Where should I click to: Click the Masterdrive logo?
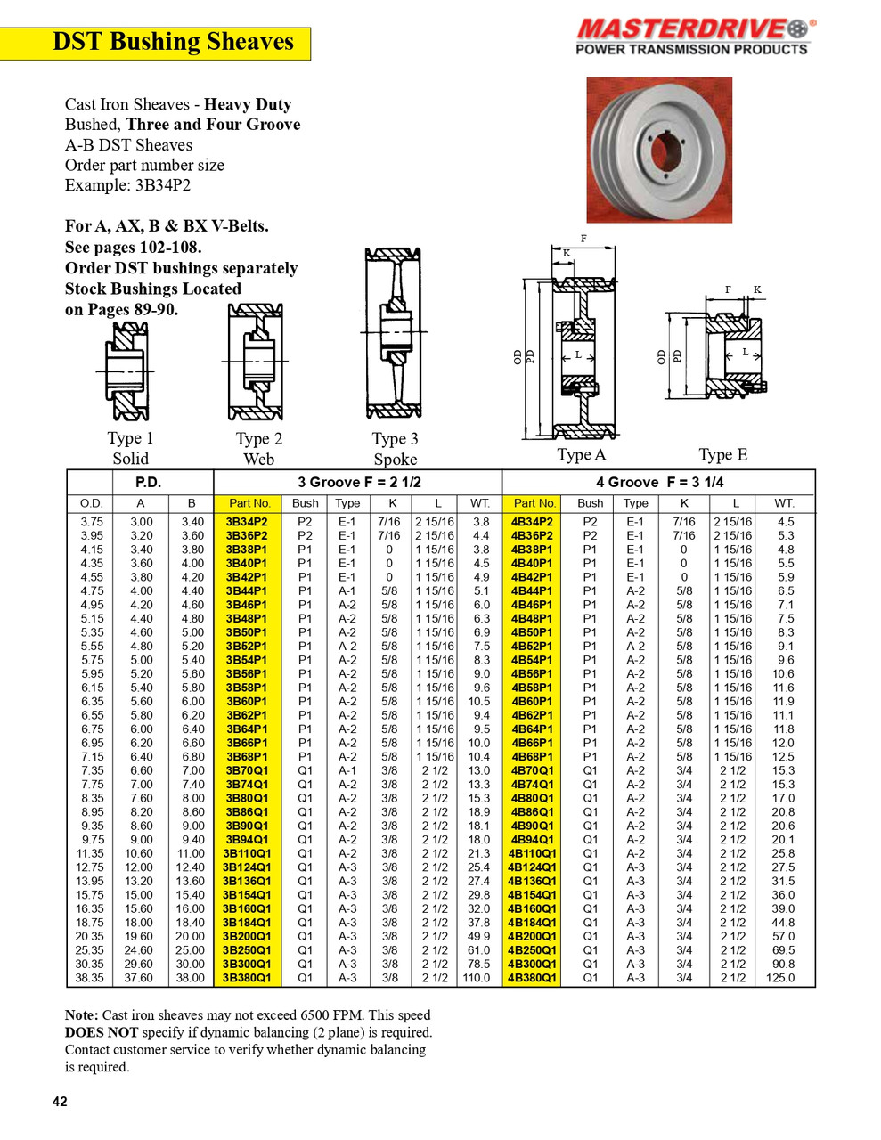694,37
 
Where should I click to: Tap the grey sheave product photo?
658,150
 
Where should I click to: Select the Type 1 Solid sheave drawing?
129,370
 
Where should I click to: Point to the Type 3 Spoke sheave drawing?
393,333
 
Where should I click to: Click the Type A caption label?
581,455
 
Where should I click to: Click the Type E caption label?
722,455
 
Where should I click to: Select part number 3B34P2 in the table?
247,522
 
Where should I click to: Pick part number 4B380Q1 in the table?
532,978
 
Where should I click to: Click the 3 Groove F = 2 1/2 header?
358,482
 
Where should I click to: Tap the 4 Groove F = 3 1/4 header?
659,482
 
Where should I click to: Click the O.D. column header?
92,503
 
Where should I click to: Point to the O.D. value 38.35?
91,978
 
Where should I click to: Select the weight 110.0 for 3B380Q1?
477,978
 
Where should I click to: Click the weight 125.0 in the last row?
780,978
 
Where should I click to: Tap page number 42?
60,1102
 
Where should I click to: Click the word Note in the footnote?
81,1015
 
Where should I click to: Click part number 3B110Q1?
247,853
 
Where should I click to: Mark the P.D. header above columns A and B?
148,482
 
